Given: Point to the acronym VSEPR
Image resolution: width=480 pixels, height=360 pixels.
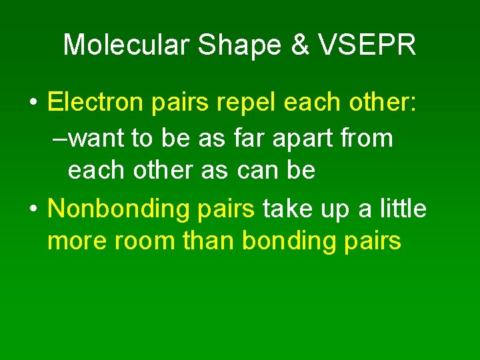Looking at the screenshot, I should (367, 45).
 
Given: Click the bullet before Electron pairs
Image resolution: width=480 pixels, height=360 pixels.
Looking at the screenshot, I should (33, 103).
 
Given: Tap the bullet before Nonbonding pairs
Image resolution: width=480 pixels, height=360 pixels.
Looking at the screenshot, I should (33, 209).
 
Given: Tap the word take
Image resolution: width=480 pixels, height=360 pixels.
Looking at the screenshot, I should (285, 209).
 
